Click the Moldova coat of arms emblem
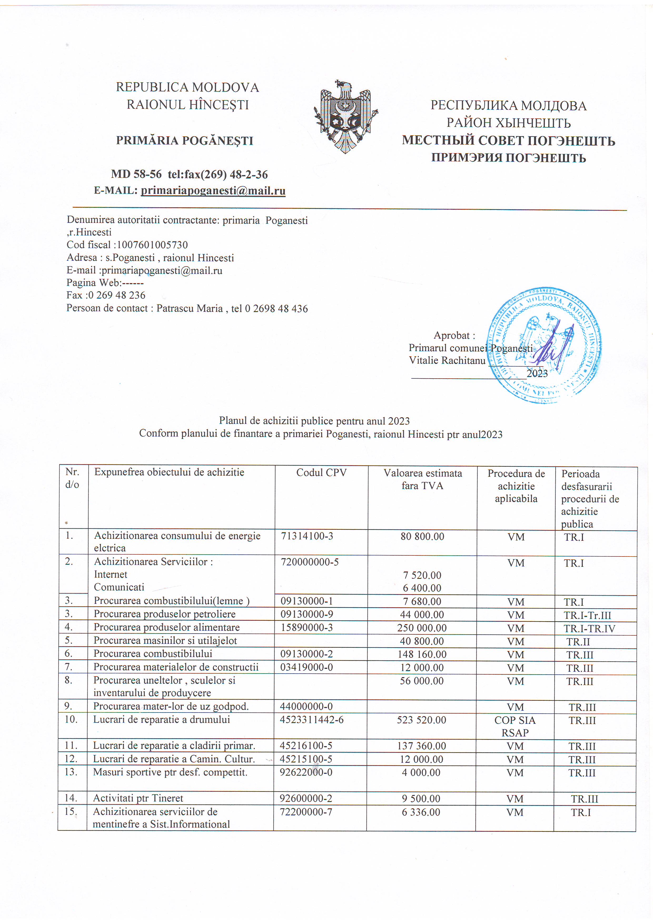(345, 117)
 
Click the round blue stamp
(544, 345)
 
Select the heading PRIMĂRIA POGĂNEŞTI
(185, 141)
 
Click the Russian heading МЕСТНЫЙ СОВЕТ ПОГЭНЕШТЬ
(508, 141)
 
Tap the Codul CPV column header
(321, 473)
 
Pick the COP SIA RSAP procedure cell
(515, 726)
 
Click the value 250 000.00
(422, 628)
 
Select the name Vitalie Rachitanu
(447, 361)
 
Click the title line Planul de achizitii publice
(314, 421)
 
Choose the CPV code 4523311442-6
(312, 720)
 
